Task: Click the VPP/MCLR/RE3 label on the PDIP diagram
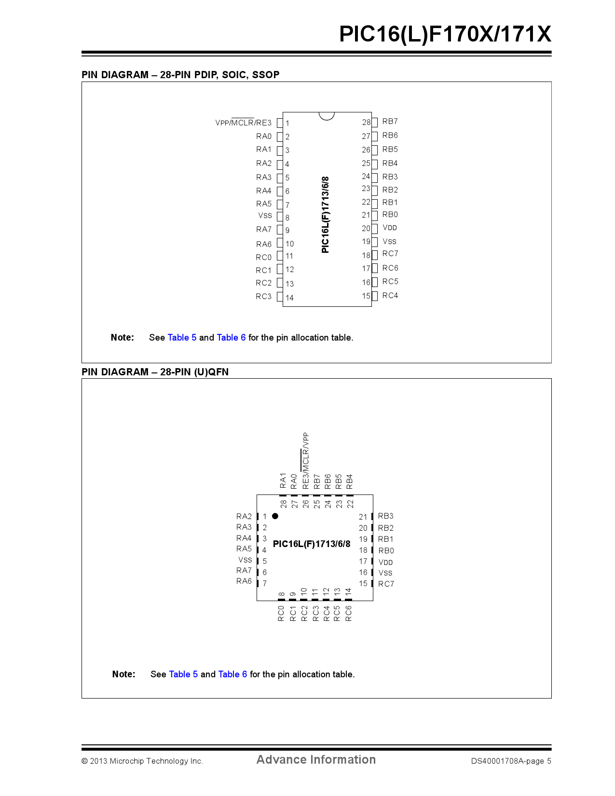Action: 243,123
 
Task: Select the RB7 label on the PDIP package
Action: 390,121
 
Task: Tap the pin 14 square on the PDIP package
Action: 280,297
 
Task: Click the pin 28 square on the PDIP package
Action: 374,123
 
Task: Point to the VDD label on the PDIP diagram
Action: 389,228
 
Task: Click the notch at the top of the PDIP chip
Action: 327,116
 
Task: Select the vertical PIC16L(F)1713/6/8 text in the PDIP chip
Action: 325,215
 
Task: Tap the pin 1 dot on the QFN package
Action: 275,516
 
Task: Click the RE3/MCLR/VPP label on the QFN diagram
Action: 305,461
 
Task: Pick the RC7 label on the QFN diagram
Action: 386,584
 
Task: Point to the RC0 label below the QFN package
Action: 281,614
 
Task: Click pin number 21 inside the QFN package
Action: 363,517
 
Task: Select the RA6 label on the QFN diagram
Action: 244,581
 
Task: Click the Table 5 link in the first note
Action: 182,337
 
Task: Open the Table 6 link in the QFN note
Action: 232,674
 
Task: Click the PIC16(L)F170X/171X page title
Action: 445,34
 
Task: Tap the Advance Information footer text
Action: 316,759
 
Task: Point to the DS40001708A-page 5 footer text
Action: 511,761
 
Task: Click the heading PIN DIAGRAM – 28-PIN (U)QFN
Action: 155,372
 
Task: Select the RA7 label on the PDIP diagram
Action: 264,229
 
